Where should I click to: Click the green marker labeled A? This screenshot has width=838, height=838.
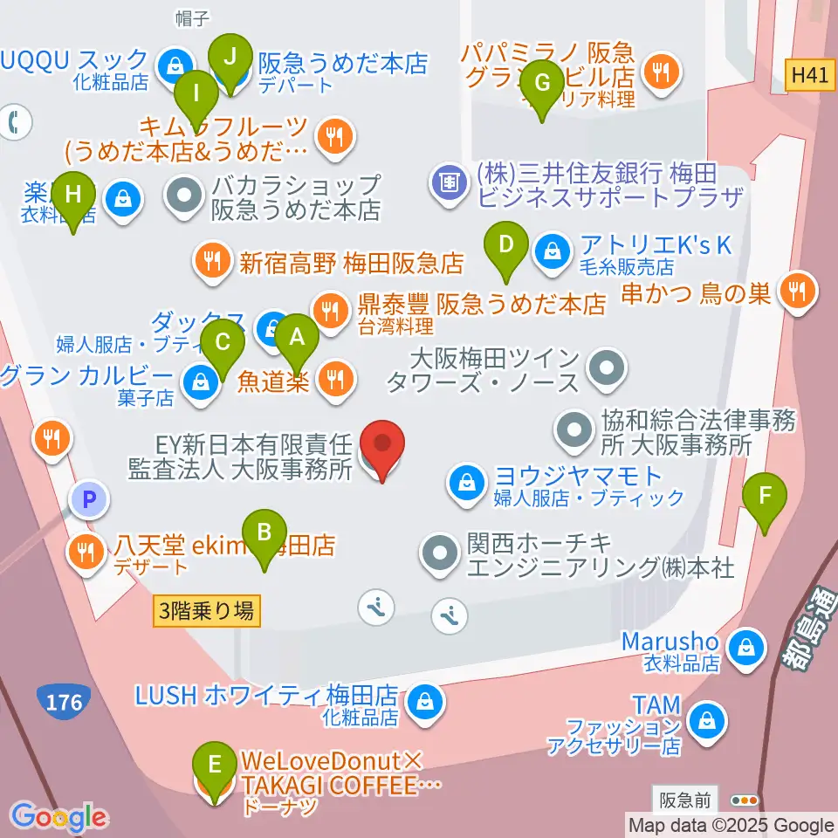tap(297, 338)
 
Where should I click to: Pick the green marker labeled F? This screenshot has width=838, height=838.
tap(765, 498)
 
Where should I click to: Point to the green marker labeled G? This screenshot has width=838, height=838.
tap(542, 85)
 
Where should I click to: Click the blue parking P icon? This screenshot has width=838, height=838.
tap(89, 499)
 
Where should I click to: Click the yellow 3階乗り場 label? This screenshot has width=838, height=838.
tap(207, 611)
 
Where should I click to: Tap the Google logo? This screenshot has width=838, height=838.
tap(59, 817)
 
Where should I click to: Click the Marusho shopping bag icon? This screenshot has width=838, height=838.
tap(746, 648)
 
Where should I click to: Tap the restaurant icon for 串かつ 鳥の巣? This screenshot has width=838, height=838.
tap(796, 291)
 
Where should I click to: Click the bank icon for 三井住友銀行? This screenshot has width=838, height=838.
tap(449, 183)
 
